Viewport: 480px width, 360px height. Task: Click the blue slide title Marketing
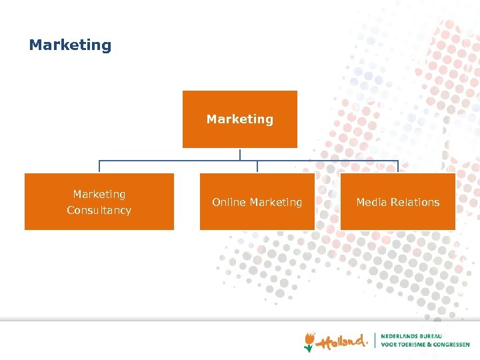pos(70,45)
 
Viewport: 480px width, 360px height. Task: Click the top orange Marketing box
pos(240,119)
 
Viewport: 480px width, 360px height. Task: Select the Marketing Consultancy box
pos(99,202)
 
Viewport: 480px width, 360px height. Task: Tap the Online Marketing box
pos(257,202)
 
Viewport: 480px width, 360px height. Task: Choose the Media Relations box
pos(398,202)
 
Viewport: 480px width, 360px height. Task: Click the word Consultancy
pos(99,211)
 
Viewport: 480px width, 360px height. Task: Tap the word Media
pos(370,202)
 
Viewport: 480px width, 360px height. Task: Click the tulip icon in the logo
pos(309,341)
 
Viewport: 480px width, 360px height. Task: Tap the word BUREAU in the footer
pos(437,336)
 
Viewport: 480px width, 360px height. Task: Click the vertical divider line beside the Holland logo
pos(375,340)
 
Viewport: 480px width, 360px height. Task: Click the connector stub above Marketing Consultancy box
pos(99,167)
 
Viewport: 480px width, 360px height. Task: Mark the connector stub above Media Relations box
pos(398,167)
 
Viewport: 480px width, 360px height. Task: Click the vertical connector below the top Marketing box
pos(240,154)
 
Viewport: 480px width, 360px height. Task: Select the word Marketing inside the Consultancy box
pos(99,194)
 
